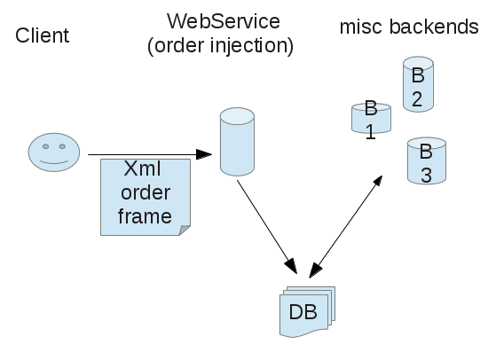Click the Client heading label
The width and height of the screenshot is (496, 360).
(42, 35)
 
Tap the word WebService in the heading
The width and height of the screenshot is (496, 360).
(224, 21)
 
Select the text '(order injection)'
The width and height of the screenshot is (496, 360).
(220, 46)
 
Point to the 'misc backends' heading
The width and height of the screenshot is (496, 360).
(409, 27)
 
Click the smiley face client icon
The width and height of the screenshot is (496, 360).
(54, 153)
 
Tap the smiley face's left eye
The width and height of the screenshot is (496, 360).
(45, 146)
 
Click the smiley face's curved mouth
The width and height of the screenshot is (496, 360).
(54, 162)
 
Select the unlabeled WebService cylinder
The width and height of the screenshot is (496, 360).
(237, 142)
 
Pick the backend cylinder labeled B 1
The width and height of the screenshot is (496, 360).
(372, 118)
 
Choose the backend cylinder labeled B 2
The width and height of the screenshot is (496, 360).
(418, 84)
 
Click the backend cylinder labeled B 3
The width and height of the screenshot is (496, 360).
(427, 160)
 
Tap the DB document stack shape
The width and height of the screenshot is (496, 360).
(307, 311)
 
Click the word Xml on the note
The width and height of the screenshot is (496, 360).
(142, 168)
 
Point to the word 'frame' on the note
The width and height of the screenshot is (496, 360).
(145, 216)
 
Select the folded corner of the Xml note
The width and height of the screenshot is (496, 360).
(185, 230)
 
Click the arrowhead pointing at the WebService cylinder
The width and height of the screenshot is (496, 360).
(204, 154)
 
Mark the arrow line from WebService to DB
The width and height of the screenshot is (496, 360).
(267, 227)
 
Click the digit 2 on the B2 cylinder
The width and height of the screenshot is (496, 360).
(417, 99)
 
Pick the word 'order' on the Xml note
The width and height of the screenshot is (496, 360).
(146, 192)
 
